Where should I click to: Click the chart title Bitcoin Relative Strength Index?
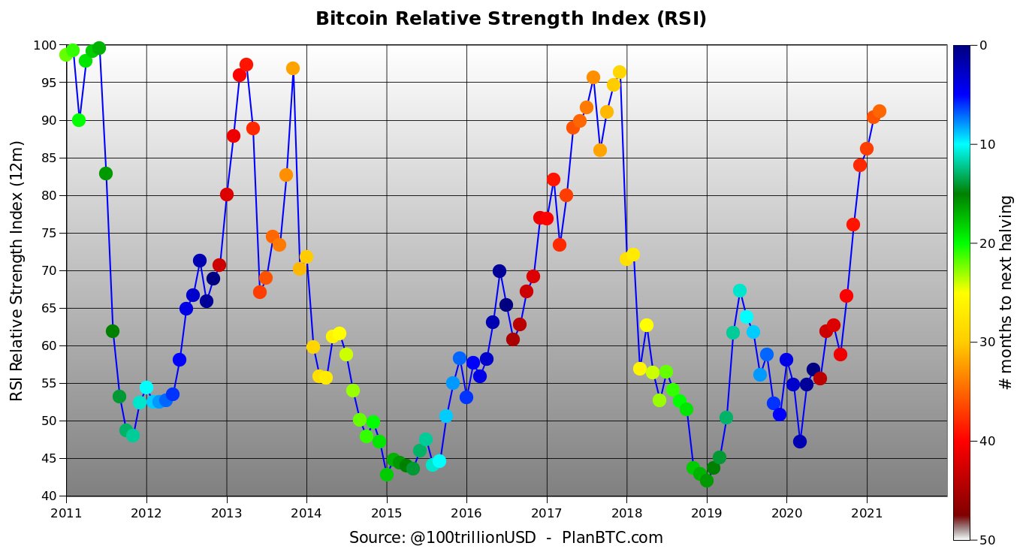coord(511,19)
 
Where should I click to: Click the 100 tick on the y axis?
coord(44,46)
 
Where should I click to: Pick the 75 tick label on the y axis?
coord(47,234)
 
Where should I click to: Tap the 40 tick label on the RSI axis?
coord(47,496)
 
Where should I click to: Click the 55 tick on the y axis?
coord(47,384)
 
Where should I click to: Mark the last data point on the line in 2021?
coord(880,111)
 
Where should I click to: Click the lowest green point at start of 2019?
coord(706,481)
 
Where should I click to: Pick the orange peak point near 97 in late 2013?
coord(293,68)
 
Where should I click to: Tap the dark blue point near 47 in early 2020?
coord(800,442)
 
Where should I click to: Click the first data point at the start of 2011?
coord(66,54)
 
